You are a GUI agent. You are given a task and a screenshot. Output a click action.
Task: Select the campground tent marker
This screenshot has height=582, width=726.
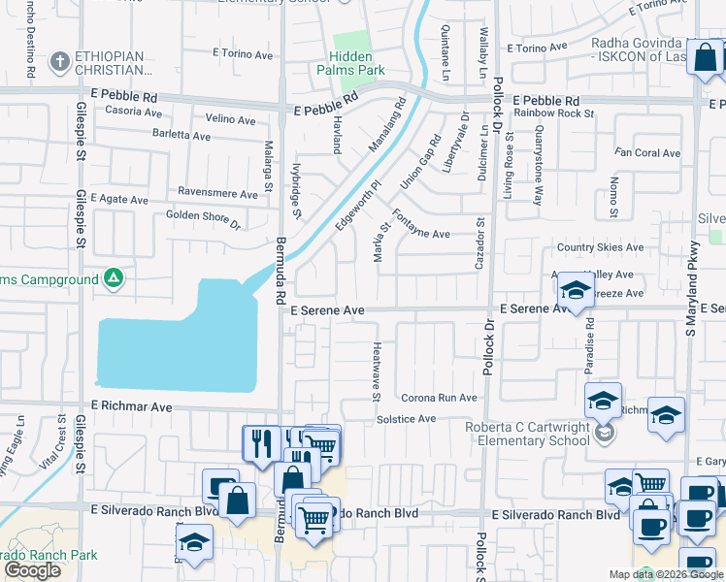coord(114,279)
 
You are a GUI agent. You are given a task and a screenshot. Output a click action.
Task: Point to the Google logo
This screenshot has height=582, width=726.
coord(32,570)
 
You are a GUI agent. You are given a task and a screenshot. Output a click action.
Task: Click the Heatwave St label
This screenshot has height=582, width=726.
coord(377,372)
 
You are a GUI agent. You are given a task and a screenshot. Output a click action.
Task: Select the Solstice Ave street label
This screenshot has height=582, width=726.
coord(406,418)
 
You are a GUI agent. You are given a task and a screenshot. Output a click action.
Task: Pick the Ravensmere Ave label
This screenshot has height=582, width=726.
coord(216,193)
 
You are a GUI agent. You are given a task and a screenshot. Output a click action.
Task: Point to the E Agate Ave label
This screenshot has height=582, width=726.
coord(119,199)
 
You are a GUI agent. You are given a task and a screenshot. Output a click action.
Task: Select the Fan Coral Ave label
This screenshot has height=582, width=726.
coord(648,153)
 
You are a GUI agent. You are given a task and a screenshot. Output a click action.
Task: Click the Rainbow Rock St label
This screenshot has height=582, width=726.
coord(554,113)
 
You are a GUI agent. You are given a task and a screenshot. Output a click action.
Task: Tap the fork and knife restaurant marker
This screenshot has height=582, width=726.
coord(260,443)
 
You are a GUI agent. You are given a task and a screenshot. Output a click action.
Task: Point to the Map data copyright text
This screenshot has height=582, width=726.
coord(666,574)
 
